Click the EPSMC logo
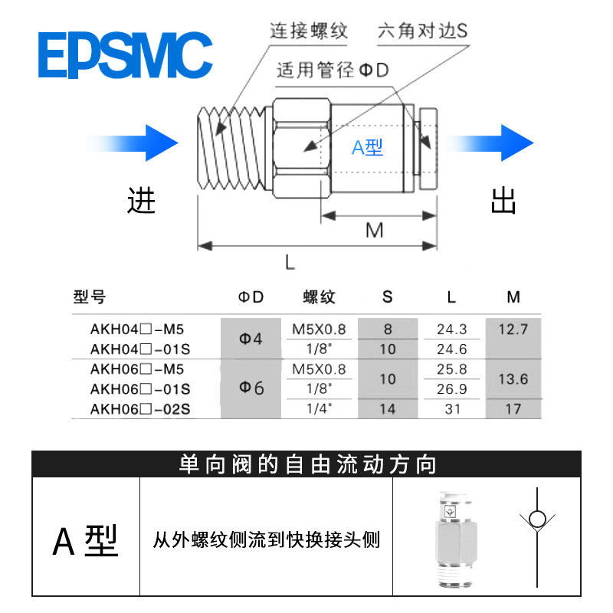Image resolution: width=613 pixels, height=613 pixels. click(125, 54)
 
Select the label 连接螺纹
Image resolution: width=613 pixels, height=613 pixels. click(309, 31)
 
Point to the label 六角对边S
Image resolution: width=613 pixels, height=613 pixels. click(422, 31)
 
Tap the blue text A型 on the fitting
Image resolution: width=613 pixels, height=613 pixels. click(367, 147)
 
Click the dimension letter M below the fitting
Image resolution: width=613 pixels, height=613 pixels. click(374, 230)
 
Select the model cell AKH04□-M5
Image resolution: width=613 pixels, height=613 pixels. click(138, 330)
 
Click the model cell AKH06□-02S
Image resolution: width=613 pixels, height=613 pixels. click(140, 409)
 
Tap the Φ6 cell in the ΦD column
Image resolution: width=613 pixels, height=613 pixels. click(251, 388)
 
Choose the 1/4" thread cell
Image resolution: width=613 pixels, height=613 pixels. click(319, 409)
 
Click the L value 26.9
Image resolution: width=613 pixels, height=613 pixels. click(452, 388)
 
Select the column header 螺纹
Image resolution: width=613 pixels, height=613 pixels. click(320, 297)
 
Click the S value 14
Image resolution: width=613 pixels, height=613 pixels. click(388, 409)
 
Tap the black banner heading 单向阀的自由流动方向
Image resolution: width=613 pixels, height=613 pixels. click(306, 464)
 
